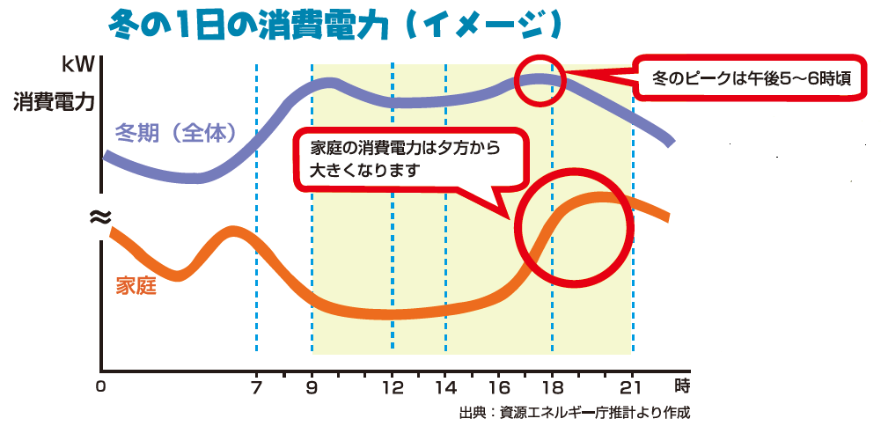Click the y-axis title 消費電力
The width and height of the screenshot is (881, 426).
(54, 101)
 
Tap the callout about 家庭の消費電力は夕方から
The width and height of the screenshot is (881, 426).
(406, 159)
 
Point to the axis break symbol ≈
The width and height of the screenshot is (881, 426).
(100, 216)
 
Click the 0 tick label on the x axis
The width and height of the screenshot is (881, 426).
(101, 386)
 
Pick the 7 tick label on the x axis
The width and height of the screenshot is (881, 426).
(256, 386)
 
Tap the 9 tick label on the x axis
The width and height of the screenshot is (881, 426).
(312, 386)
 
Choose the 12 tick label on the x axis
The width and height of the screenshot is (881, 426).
(393, 386)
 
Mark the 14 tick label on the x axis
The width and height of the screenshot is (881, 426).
(446, 386)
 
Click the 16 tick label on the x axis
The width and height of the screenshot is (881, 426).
(499, 386)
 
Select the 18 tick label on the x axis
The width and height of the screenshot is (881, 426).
(553, 386)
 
